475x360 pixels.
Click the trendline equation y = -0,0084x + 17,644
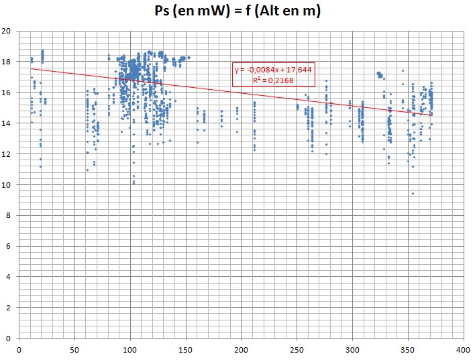[273, 70]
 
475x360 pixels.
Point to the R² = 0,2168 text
[273, 80]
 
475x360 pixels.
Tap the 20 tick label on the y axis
[7, 31]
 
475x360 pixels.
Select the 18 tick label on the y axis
[7, 62]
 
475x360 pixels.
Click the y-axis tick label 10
[7, 184]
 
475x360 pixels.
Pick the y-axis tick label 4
[9, 277]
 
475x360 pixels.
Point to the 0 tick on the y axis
[9, 338]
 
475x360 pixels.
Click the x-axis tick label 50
[74, 349]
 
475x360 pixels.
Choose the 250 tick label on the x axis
[297, 349]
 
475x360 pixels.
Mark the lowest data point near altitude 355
[413, 193]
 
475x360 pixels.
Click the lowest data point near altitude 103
[134, 182]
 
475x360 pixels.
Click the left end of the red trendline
[31, 68]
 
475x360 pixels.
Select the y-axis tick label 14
[7, 123]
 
